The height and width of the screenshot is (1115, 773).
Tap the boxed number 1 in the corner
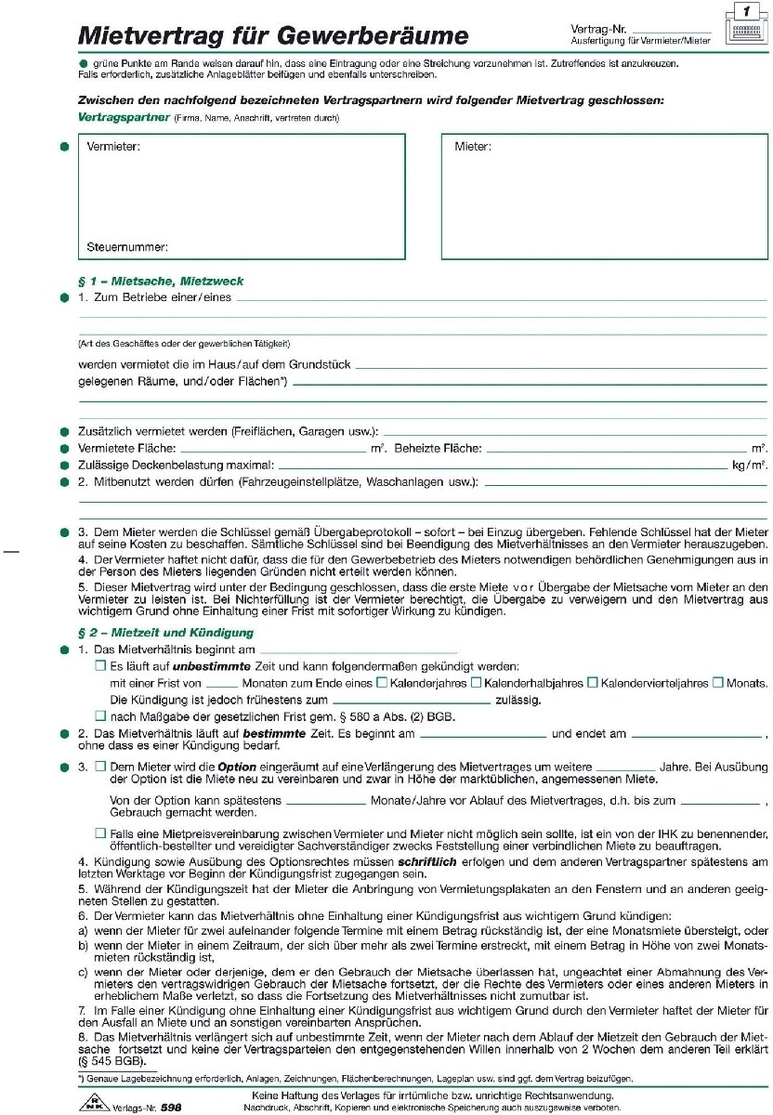coord(746,12)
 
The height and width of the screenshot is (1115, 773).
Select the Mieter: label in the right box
coord(473,147)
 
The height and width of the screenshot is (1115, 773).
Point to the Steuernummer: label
coord(127,247)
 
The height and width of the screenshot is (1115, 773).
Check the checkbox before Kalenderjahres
coord(381,683)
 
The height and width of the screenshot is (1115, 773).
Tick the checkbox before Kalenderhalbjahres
coord(476,683)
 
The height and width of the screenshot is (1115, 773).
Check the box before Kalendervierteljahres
coord(593,683)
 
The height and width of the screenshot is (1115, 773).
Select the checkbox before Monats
coord(717,683)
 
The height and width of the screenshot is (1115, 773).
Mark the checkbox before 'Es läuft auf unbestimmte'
coord(100,666)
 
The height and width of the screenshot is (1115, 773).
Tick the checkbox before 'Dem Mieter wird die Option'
coord(100,767)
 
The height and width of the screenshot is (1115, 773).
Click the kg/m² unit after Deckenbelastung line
coord(750,465)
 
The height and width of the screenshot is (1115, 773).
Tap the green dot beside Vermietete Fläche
coord(64,449)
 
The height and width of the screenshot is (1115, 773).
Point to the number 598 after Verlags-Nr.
coord(171,1107)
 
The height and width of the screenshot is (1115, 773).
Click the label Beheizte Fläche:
coord(438,449)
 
